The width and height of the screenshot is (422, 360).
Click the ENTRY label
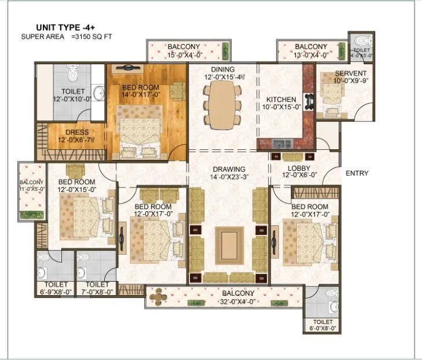[357, 173]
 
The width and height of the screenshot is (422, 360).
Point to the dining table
[222, 105]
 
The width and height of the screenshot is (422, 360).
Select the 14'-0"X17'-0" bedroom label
[141, 91]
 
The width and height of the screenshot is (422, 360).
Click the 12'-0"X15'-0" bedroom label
[76, 185]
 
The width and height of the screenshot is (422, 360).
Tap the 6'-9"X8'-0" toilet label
[56, 288]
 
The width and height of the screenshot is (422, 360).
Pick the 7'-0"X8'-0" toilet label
[97, 288]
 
